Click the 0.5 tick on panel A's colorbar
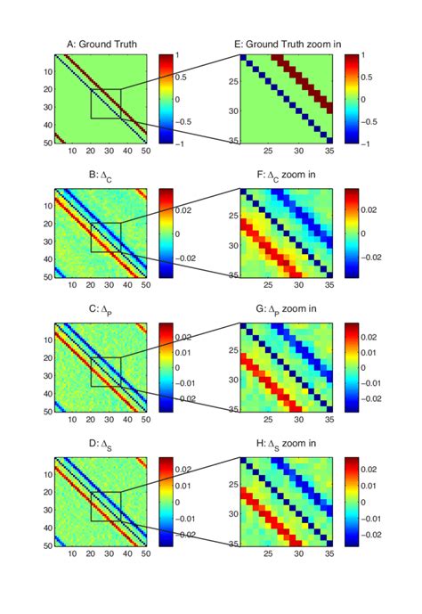pos(189,77)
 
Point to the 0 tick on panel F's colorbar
pos(371,233)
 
